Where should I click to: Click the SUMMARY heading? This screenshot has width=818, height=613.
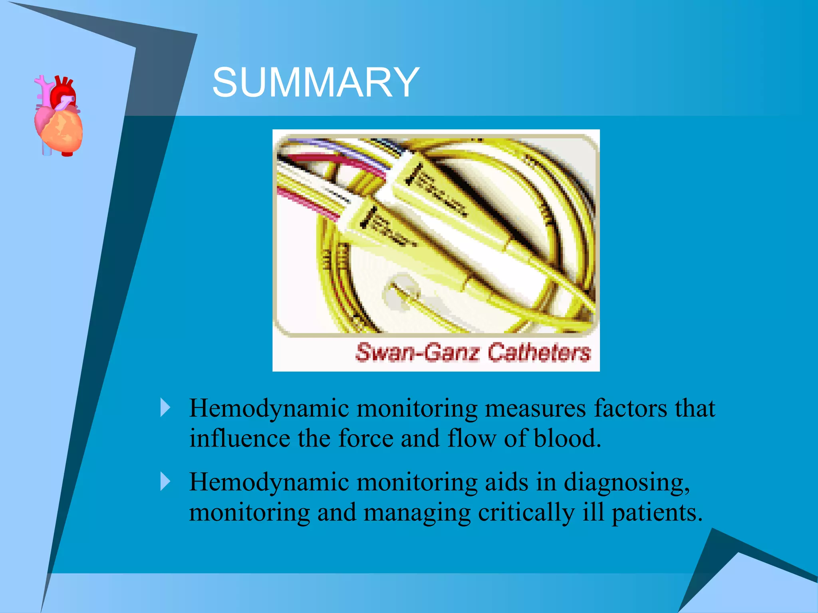pos(316,82)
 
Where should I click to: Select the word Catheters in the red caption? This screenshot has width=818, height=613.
pos(539,352)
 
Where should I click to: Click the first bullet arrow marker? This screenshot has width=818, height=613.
pos(165,407)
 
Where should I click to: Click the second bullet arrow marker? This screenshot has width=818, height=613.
pos(165,481)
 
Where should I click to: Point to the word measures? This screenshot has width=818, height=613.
pos(535,409)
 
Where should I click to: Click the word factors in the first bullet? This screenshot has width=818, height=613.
pos(630,409)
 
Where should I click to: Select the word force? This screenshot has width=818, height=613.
pos(365,438)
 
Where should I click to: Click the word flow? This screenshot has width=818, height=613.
pos(471,438)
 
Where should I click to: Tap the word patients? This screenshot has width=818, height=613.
pos(657,512)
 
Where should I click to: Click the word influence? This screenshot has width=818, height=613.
pos(240,438)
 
